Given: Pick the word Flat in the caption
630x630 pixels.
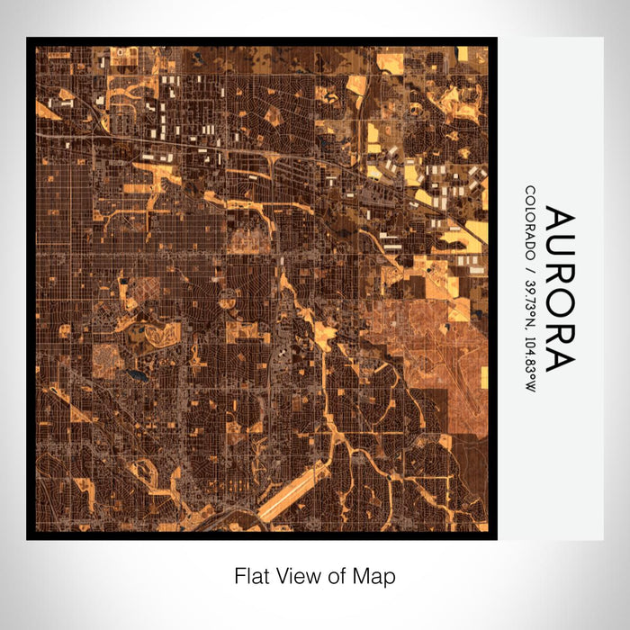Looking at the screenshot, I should point(251,576).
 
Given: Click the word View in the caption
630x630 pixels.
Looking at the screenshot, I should point(296,576).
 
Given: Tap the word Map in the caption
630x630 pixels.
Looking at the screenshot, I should point(374,576).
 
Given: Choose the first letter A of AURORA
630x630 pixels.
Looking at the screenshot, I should point(558,221).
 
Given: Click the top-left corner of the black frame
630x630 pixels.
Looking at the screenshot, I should point(28,39).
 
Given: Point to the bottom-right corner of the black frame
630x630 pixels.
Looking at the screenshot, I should point(496,538).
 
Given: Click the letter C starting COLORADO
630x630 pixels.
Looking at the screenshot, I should point(531,191).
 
